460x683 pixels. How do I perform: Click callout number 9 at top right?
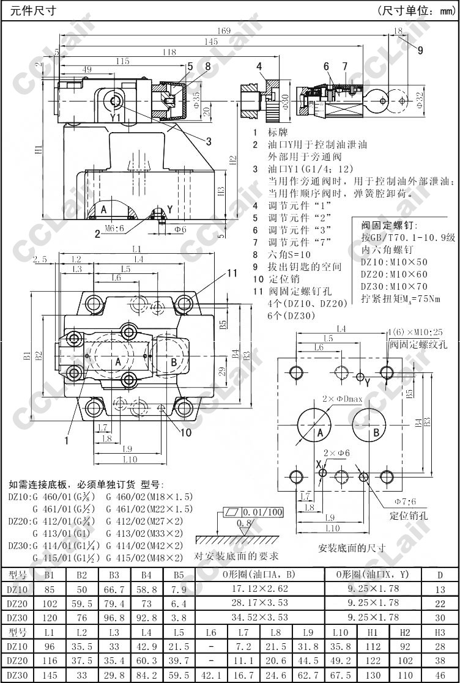[x=420, y=51]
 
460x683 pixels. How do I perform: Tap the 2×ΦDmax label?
[x=343, y=399]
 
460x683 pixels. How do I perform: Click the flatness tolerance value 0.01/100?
[x=263, y=512]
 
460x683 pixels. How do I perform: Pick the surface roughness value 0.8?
[x=244, y=523]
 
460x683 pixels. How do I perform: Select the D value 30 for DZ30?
[x=440, y=618]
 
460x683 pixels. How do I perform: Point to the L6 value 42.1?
[x=211, y=675]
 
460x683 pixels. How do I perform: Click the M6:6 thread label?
[x=114, y=228]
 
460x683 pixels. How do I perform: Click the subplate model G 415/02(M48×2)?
[x=144, y=558]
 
